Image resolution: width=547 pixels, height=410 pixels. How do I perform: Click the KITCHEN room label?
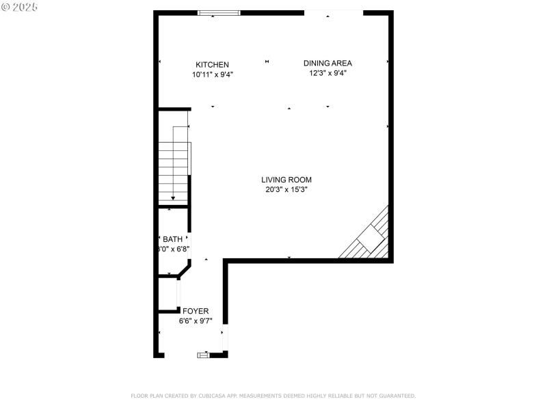coord(212,65)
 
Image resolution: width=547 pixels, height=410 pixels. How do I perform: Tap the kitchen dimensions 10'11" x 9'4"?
coord(213,75)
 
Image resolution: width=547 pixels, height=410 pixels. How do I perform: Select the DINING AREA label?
coord(328,63)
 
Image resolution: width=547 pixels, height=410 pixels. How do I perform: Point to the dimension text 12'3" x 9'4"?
coord(328,73)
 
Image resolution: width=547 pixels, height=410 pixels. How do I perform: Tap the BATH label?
coord(172,239)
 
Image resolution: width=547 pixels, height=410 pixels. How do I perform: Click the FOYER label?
coord(196,311)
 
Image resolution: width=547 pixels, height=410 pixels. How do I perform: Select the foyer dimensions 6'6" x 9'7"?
coord(196,320)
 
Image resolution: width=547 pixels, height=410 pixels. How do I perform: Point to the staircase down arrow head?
coord(173,199)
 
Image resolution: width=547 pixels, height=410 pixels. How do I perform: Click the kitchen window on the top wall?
coord(219,12)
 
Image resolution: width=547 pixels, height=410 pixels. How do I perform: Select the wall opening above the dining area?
coord(333,12)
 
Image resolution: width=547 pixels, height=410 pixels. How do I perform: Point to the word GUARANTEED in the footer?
coord(396,396)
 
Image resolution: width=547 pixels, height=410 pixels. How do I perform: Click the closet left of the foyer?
coord(168,294)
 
